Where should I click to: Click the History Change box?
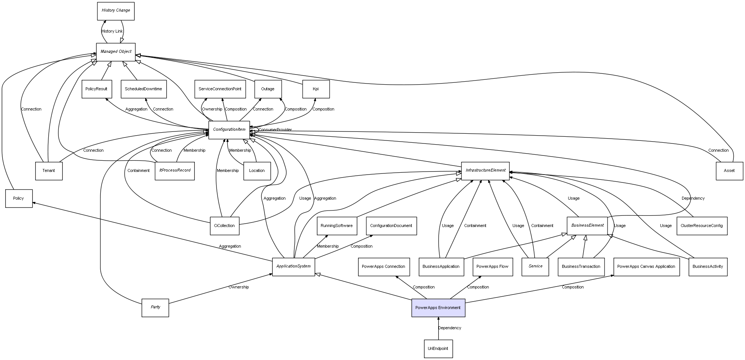116,11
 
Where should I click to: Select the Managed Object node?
116,52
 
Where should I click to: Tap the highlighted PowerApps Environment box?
438,308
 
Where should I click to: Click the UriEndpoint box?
438,348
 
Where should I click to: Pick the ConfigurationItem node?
229,130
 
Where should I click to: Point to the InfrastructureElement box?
485,170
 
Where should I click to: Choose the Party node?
155,308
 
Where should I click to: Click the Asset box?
729,171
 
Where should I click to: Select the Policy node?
19,198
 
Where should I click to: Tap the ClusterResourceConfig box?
702,226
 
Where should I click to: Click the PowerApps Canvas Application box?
646,267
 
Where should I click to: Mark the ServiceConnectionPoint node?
220,89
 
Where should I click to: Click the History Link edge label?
112,31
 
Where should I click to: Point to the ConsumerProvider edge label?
275,130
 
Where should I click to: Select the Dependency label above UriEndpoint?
449,328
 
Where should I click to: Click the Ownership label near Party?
239,287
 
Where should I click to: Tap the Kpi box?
316,89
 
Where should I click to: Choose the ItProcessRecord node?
175,170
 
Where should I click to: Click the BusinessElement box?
587,226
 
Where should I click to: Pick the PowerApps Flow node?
493,267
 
